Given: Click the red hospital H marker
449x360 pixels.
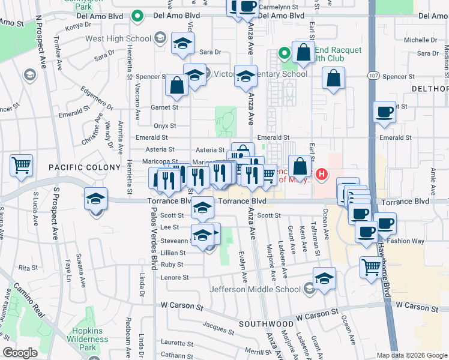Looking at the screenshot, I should (x=322, y=175).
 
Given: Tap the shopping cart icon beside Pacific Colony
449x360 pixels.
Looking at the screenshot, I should (x=22, y=164).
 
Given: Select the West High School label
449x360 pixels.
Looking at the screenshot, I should (x=118, y=39).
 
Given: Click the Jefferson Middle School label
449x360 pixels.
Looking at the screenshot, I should (x=255, y=290).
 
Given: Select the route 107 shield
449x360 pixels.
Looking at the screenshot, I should (x=373, y=76).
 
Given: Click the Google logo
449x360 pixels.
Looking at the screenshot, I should (x=20, y=353).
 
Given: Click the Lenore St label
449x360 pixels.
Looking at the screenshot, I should (x=175, y=277).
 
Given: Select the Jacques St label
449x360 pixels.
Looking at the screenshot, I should (x=214, y=326).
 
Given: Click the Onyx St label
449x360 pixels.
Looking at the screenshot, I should (x=164, y=126).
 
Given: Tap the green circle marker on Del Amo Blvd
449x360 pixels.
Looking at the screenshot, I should (x=137, y=16).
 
